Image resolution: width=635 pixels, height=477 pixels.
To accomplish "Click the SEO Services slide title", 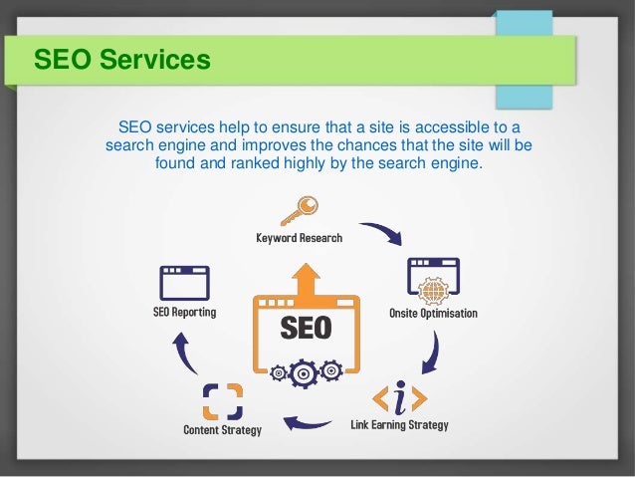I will [x=122, y=61].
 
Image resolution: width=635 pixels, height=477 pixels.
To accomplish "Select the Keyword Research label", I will [x=299, y=238].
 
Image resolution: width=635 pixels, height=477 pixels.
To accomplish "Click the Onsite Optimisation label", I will [x=433, y=314].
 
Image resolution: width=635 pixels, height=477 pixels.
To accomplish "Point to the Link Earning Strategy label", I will [x=400, y=425].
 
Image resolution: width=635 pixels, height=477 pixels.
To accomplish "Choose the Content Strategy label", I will [x=222, y=430].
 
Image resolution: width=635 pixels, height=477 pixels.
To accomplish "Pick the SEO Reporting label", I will [x=184, y=312].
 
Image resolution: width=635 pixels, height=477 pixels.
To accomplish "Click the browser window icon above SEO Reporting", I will [x=185, y=283].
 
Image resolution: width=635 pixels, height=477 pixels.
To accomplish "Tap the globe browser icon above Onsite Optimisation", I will [x=434, y=280].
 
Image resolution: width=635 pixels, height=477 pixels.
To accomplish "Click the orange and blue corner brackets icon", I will [x=222, y=401].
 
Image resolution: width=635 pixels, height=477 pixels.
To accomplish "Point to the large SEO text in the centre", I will [x=306, y=328].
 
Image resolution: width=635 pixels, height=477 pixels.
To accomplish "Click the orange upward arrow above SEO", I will [x=307, y=278].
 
